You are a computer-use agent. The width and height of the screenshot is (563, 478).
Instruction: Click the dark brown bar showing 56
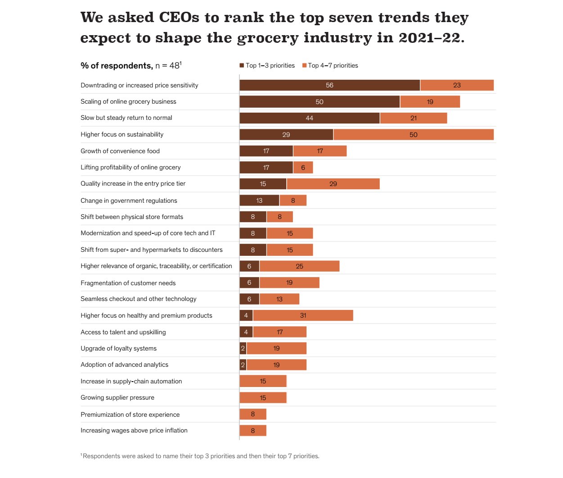329,85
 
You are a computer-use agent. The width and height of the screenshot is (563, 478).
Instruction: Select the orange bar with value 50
413,134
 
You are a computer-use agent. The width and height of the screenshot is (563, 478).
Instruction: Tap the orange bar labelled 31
303,315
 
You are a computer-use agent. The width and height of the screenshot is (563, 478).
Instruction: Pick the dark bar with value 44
309,118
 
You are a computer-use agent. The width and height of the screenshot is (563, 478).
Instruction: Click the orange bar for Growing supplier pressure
263,398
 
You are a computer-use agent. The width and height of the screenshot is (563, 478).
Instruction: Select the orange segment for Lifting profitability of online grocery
303,168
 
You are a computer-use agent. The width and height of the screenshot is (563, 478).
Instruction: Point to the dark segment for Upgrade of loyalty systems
243,348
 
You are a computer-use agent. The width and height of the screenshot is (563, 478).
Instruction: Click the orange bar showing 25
299,266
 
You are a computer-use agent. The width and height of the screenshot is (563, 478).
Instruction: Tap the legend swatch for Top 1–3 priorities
242,65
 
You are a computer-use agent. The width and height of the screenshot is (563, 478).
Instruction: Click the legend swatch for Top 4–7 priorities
304,65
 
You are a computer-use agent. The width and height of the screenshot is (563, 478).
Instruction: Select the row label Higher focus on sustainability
122,134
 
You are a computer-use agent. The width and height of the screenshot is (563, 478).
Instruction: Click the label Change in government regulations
129,200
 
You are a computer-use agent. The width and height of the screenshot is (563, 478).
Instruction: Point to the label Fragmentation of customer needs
128,283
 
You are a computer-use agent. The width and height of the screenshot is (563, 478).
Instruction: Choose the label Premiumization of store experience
130,414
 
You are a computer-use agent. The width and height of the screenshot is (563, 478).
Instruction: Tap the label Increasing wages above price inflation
134,430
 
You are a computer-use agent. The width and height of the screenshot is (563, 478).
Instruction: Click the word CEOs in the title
179,18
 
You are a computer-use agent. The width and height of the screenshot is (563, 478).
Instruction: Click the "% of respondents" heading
117,66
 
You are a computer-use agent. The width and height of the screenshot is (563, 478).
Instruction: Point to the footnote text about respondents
201,456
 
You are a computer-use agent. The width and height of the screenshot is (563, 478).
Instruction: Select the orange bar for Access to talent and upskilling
279,332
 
